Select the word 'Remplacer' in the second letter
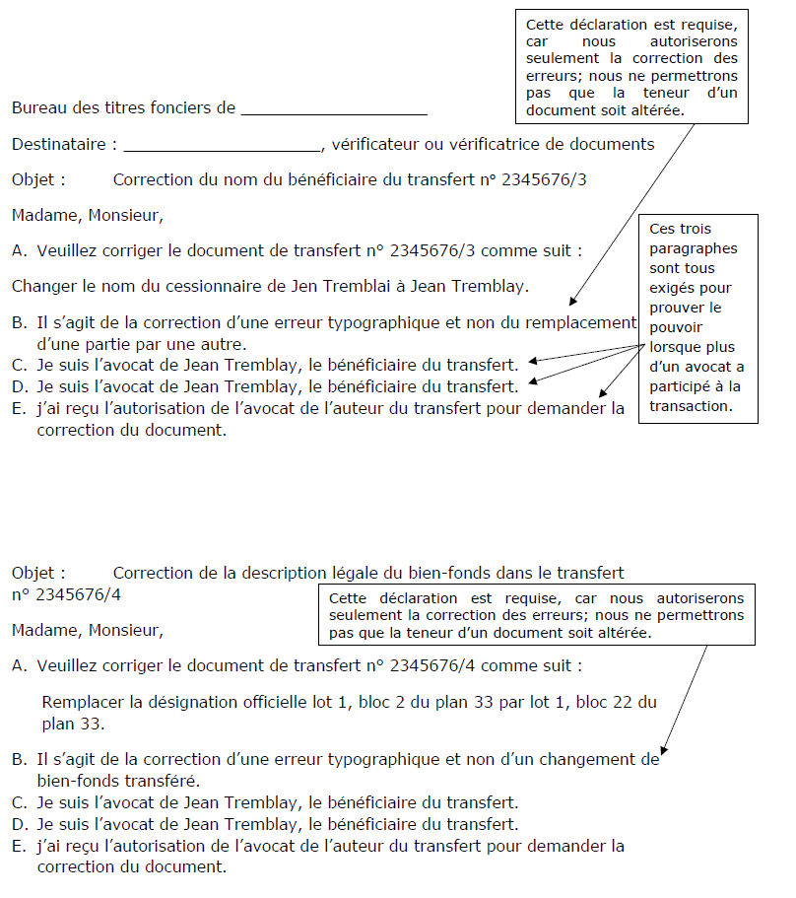[80, 703]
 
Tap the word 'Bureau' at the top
[37, 108]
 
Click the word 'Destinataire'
[58, 145]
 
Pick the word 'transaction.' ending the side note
[690, 406]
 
